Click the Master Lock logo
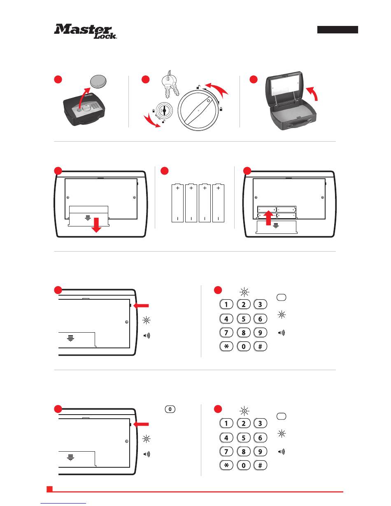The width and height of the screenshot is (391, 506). tap(86, 32)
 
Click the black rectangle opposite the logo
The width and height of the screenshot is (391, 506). tap(337, 30)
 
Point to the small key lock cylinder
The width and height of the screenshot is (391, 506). tap(164, 111)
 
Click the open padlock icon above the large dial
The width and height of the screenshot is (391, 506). tap(198, 86)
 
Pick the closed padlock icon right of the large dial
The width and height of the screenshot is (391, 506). tap(221, 108)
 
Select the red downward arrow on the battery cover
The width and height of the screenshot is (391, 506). tap(96, 225)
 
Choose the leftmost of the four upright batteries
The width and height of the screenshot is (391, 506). tap(177, 204)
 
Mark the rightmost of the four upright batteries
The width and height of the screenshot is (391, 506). tap(218, 204)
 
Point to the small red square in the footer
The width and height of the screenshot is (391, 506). tap(49, 489)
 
